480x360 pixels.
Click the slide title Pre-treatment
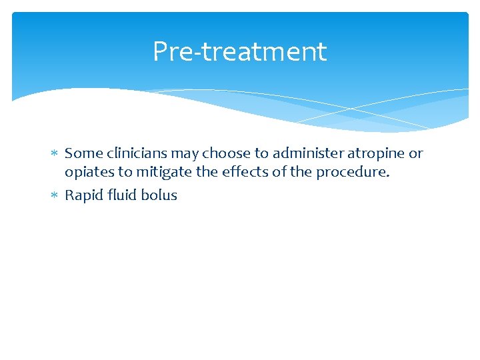(239, 52)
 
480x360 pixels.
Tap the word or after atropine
(416, 154)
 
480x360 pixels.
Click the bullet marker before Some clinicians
(56, 154)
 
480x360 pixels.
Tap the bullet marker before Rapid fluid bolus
(56, 195)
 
